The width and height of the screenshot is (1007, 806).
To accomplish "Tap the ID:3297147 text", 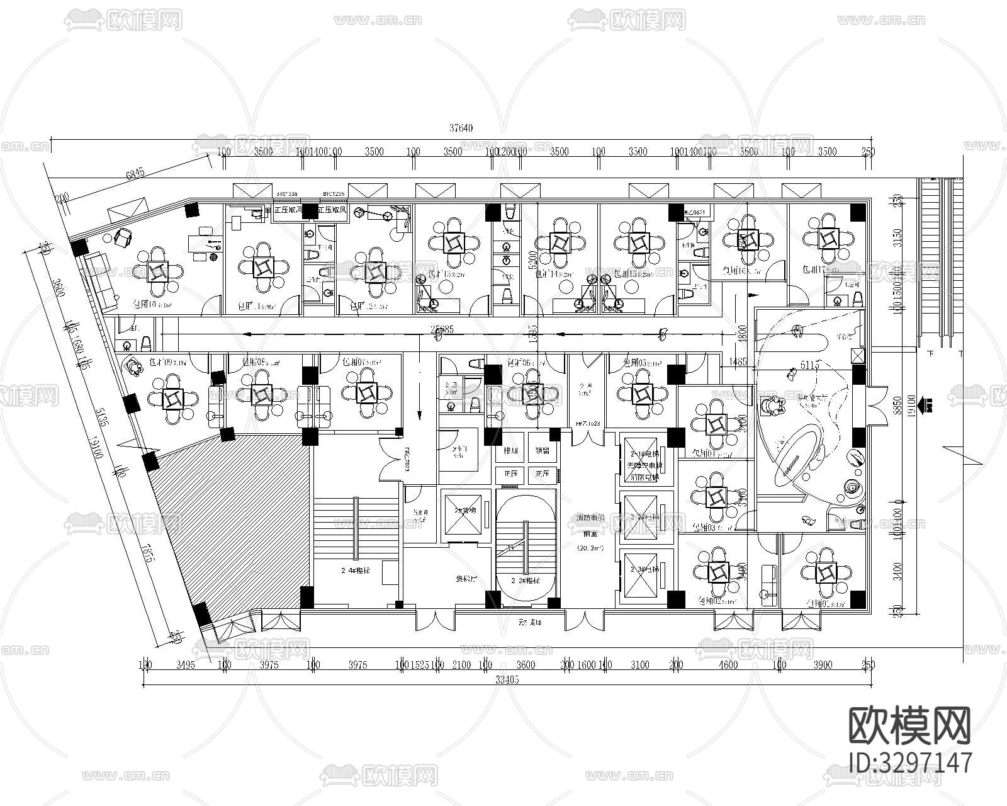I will coord(910,763).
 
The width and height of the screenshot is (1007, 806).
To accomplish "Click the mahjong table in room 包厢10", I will coord(157,271).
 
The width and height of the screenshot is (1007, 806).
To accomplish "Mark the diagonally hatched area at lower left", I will coord(245,516).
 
